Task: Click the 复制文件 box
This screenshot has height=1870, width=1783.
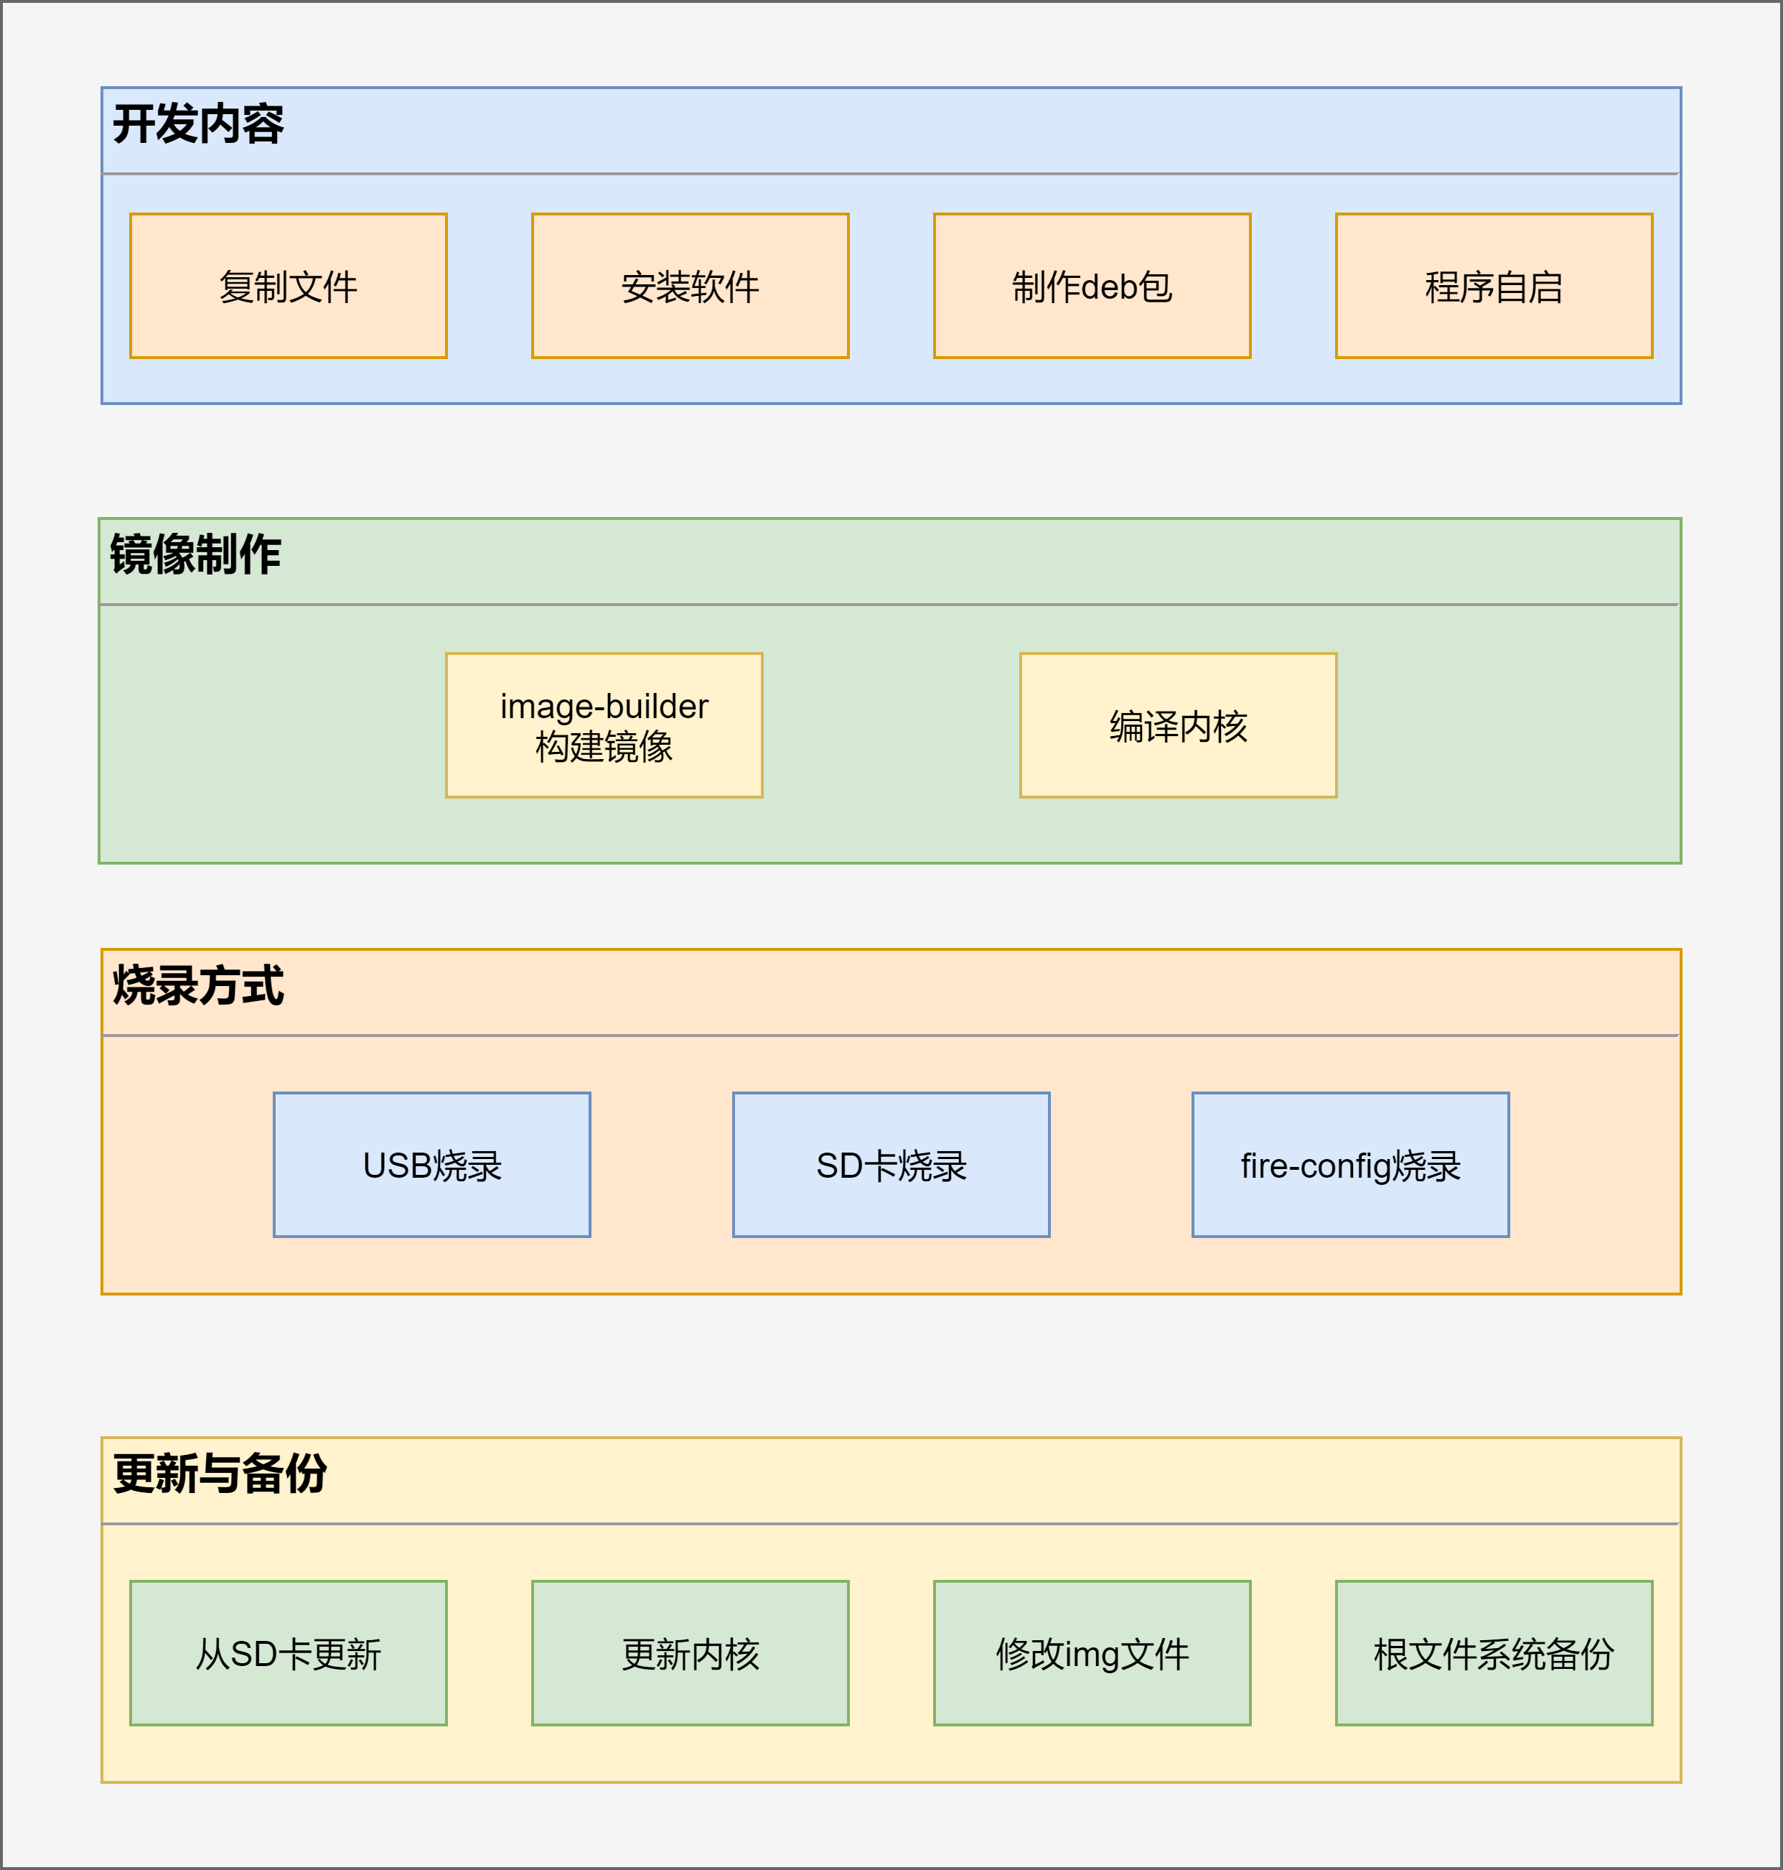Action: coord(288,286)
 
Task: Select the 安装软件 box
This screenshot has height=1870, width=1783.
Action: coord(690,286)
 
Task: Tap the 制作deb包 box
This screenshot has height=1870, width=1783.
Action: coord(1092,286)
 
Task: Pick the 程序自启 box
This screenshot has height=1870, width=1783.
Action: coord(1494,286)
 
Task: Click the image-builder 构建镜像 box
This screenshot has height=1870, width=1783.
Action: coord(604,725)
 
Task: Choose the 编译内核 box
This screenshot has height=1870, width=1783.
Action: coord(1179,725)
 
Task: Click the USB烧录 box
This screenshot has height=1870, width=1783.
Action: coord(431,1165)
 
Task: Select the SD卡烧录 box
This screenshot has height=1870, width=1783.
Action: coord(891,1165)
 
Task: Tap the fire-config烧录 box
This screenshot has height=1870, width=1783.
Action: coord(1351,1165)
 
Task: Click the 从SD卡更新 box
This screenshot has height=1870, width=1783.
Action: coord(288,1653)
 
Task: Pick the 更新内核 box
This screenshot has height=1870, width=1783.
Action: coord(690,1653)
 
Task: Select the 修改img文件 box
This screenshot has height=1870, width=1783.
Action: coord(1092,1653)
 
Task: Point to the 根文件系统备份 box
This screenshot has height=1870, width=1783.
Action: coord(1494,1653)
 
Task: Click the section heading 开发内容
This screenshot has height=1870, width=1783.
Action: coord(197,124)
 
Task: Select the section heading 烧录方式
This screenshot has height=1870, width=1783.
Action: coord(197,986)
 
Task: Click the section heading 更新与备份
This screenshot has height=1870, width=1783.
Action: coord(220,1474)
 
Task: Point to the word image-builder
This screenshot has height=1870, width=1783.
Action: coord(604,707)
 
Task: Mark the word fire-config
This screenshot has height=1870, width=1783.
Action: coord(1316,1166)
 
